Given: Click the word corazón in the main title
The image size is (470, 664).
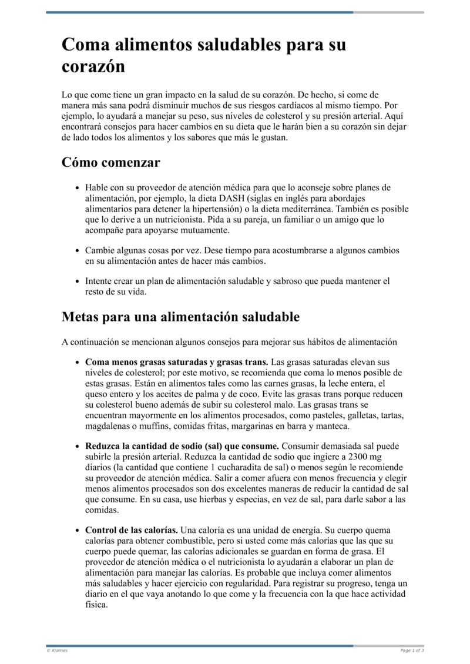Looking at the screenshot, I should coord(93,66).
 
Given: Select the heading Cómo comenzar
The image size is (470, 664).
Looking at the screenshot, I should coord(110,162).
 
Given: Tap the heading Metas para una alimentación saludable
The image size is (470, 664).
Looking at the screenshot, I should coord(180,317).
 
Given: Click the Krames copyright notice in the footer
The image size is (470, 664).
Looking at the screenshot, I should coord(57,650).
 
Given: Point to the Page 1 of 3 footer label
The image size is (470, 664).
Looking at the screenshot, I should coord(412,650).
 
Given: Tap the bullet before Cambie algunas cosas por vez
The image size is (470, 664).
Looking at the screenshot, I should coord(78,250).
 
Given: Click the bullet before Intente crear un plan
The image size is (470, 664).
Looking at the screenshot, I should coord(78,282).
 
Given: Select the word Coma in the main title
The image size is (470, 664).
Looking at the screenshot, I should coord(86,45).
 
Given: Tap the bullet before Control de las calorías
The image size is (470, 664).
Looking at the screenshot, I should coord(78,531).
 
